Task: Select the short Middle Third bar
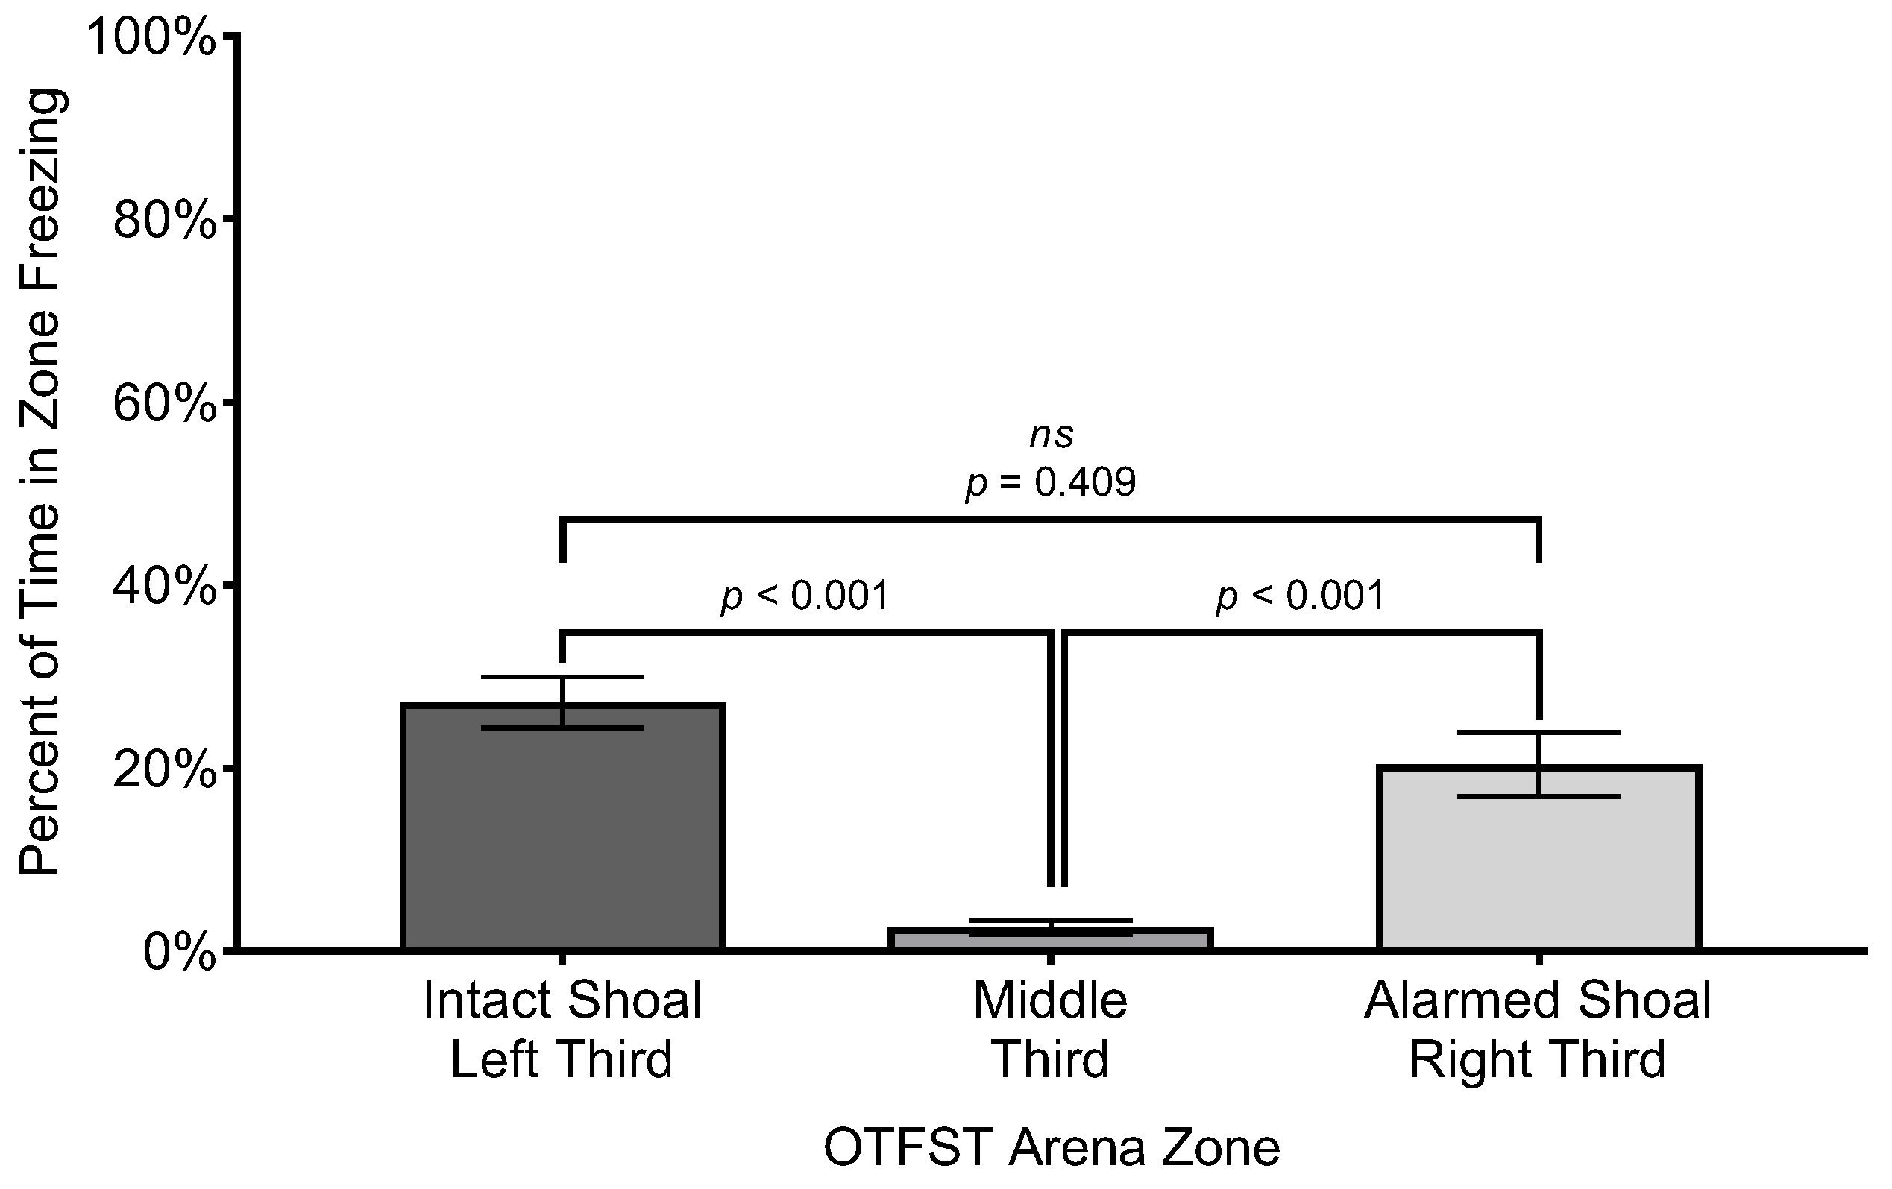tap(1051, 940)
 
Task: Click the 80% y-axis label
tap(164, 221)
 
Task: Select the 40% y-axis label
tap(164, 587)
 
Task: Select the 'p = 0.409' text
tap(1052, 482)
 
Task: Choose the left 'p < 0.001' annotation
tap(805, 596)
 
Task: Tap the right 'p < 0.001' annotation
tap(1300, 596)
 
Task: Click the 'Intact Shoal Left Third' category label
tap(562, 1029)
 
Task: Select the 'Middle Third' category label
tap(1051, 1029)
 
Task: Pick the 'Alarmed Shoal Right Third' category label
tap(1539, 1029)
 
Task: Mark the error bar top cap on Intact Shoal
tap(562, 677)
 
